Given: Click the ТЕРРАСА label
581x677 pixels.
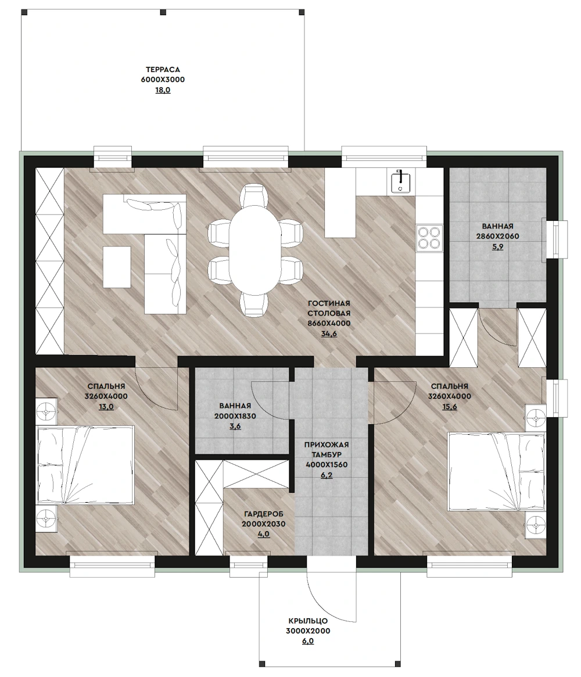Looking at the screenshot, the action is [x=163, y=70].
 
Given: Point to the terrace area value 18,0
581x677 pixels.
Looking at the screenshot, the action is [x=163, y=90].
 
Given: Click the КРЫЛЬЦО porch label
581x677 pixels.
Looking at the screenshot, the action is [x=308, y=621].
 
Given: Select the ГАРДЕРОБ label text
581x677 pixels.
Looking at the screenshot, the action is [x=263, y=514].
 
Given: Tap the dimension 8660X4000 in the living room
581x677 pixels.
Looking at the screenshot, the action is [x=329, y=323].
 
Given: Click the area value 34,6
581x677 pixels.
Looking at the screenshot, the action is [x=329, y=334].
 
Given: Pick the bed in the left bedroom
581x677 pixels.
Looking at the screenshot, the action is [x=85, y=464].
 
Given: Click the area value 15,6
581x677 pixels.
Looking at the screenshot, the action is [x=449, y=407].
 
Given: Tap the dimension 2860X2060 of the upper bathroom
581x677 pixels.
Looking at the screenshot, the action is [x=498, y=237].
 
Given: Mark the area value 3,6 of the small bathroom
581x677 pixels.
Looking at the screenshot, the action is [x=235, y=427].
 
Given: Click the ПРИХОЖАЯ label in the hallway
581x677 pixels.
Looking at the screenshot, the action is [x=327, y=445].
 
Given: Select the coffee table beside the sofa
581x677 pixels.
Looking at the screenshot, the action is [x=117, y=267].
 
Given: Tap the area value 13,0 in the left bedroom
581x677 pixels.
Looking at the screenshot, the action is [x=106, y=407].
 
